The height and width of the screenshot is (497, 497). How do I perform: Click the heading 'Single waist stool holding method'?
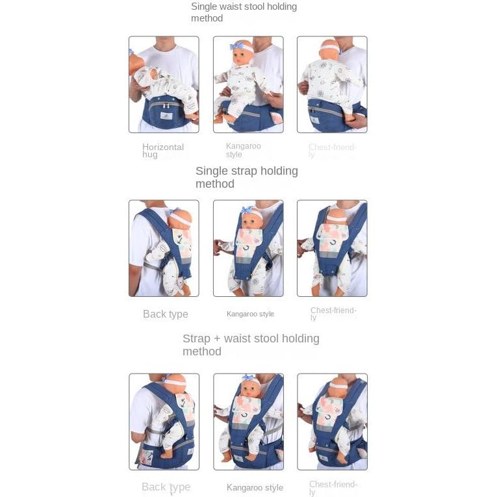(x=244, y=12)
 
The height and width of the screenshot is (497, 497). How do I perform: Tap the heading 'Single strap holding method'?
(x=246, y=177)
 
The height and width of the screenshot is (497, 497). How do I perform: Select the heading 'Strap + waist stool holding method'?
(x=251, y=345)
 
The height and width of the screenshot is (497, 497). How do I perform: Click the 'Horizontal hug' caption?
(x=163, y=151)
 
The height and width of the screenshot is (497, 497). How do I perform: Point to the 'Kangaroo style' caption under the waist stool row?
(x=244, y=150)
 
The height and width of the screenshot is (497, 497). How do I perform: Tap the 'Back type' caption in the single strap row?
(x=165, y=314)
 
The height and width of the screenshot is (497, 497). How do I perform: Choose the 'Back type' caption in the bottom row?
(x=166, y=487)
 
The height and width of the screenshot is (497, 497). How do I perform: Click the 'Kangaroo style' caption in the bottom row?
(x=255, y=488)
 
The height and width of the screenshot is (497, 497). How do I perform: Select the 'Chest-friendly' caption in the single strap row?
(x=333, y=314)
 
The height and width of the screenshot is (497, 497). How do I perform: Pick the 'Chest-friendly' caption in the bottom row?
(x=333, y=488)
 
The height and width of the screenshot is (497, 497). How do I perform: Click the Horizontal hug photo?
(x=164, y=84)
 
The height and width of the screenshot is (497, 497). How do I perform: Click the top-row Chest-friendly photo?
(x=332, y=84)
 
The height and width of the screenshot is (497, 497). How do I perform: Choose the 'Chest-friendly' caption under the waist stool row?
(x=332, y=151)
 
